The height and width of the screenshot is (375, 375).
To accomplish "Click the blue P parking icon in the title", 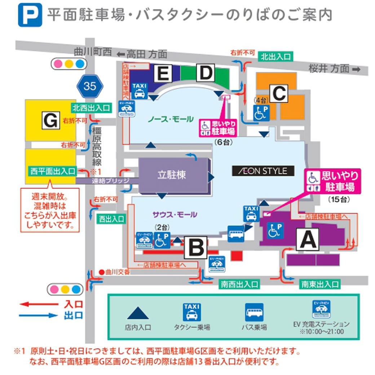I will tap(30, 15).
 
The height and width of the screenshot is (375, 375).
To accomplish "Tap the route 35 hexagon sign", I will tap(89, 86).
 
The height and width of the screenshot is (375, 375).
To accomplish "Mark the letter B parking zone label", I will tap(196, 247).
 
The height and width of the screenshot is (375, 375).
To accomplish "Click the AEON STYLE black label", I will tap(263, 171).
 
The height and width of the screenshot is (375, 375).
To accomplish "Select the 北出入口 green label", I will tap(275, 56).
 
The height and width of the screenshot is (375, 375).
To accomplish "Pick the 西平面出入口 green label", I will tap(53, 171).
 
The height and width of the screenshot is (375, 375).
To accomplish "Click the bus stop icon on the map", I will tap(236, 234).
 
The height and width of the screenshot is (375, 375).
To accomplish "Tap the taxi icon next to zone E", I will tap(139, 90).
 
